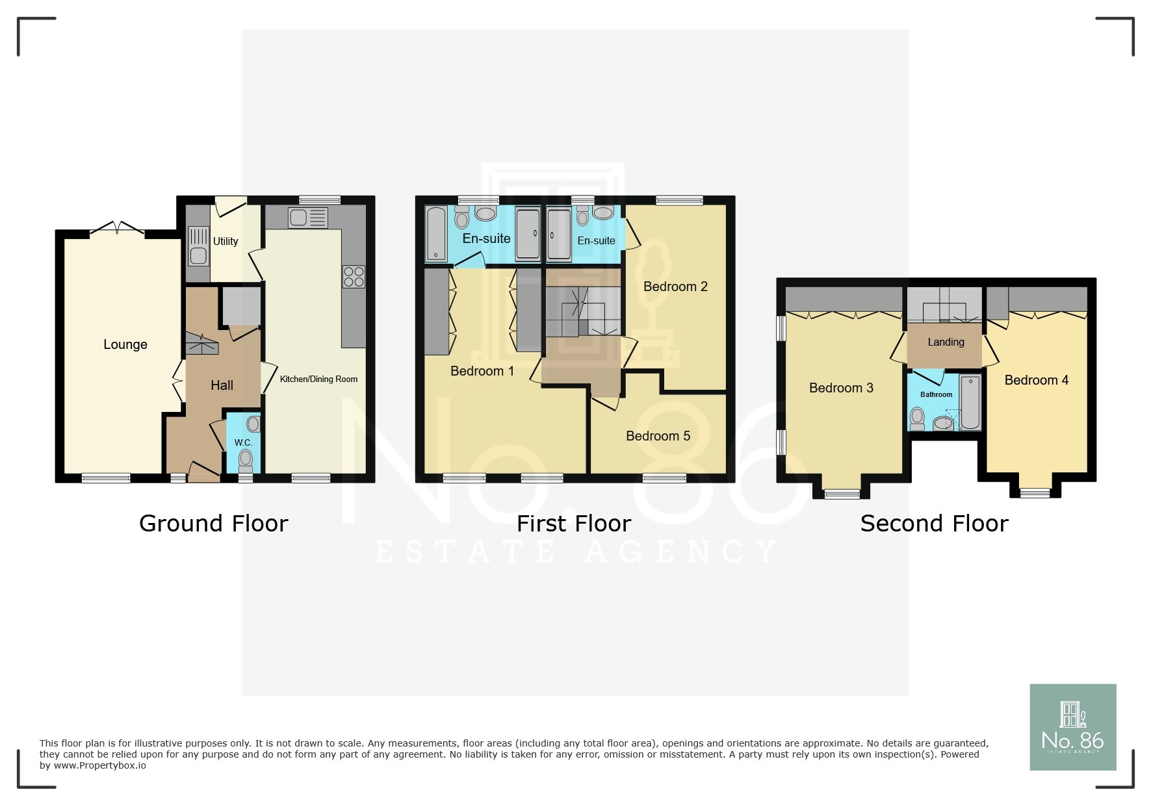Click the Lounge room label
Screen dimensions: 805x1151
coord(125,344)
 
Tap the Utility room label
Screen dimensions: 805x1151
coord(226,241)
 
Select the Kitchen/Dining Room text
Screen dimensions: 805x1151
coord(318,379)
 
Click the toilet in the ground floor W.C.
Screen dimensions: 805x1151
coord(245,459)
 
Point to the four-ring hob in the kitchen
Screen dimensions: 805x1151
coord(354,277)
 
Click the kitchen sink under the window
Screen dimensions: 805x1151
coord(307,218)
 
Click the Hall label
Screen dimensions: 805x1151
coord(222,385)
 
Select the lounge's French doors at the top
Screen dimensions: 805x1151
coord(117,228)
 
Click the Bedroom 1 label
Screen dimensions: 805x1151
coord(482,371)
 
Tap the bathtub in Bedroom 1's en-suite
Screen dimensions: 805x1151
coord(436,234)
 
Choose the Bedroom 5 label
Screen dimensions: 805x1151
coord(658,436)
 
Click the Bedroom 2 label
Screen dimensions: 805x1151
coord(675,287)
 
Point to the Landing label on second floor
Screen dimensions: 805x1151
coord(946,342)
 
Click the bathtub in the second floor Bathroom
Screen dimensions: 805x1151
coord(970,402)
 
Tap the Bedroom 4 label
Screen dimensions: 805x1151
coord(1036,380)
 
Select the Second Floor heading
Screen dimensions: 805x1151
coord(934,523)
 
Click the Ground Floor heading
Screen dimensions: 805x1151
coord(213,523)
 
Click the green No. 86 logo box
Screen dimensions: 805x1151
coord(1072,726)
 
